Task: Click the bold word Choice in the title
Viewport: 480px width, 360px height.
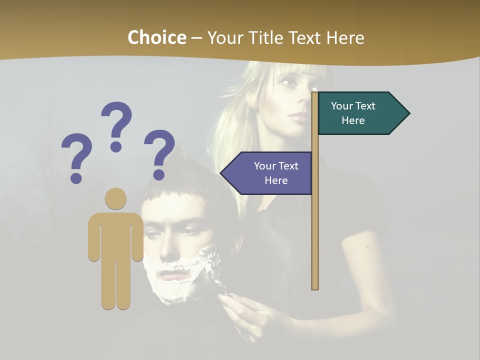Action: coord(156,37)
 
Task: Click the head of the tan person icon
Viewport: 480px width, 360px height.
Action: coord(115,198)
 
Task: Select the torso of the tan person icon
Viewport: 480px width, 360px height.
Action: coord(115,235)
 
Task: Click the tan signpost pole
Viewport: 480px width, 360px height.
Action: coord(315,225)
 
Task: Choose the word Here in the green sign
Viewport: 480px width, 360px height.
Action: coord(353,120)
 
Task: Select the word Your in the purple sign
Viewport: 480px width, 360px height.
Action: coord(265,166)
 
